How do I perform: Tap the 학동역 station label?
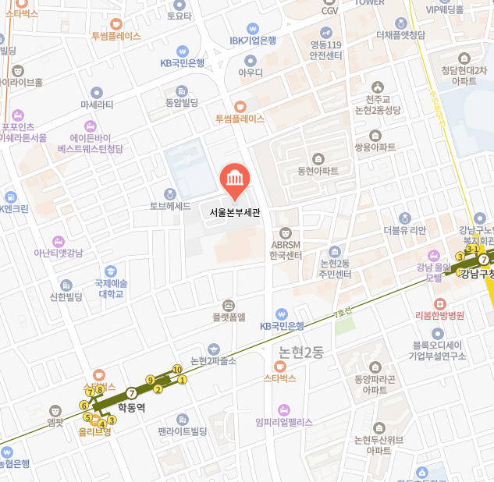[x=131, y=406]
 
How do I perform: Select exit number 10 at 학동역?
[x=177, y=369]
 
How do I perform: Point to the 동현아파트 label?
[x=318, y=171]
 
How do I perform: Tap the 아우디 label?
[x=251, y=73]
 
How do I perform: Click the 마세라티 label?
[x=97, y=104]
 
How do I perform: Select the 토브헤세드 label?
[x=170, y=206]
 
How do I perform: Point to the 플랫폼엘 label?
[x=229, y=317]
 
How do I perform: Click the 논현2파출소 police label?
[x=213, y=360]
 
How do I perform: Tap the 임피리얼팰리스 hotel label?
[x=283, y=422]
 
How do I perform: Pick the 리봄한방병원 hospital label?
[x=439, y=315]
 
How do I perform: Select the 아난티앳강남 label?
[x=58, y=252]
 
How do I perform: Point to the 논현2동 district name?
[x=300, y=352]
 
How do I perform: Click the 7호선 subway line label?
[x=343, y=313]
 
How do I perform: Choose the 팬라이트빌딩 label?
[x=182, y=431]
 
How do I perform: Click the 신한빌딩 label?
[x=66, y=296]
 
